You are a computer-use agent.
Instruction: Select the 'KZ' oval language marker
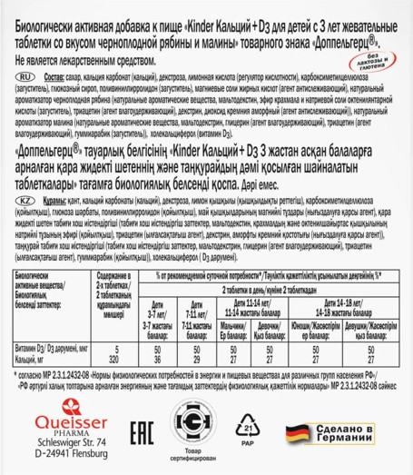[x=26, y=180]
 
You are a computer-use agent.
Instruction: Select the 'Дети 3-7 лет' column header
[x=178, y=325]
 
